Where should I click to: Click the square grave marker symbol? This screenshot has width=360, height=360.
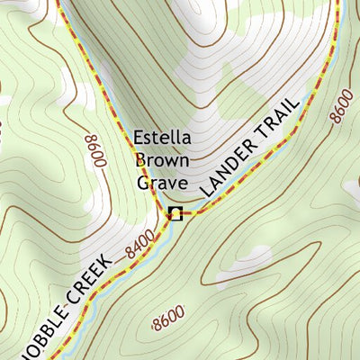pyautogui.click(x=175, y=213)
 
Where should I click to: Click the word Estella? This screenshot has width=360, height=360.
pyautogui.click(x=162, y=139)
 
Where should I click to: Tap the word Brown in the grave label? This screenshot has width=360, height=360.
pyautogui.click(x=162, y=161)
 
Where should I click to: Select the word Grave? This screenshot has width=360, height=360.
pyautogui.click(x=161, y=183)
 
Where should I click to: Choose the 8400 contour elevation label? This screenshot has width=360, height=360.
pyautogui.click(x=140, y=244)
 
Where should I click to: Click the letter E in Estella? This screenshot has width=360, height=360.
pyautogui.click(x=139, y=139)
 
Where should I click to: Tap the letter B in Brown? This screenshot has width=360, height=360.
pyautogui.click(x=140, y=161)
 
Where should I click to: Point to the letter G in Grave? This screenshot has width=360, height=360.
pyautogui.click(x=143, y=183)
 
